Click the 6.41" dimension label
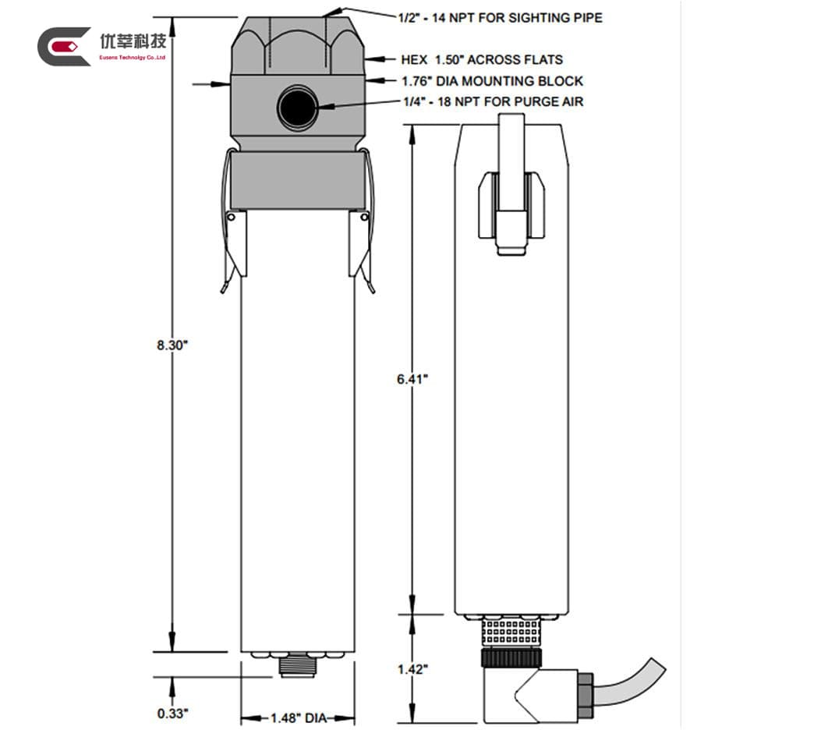412,379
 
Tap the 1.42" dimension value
412,669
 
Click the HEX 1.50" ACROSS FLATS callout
481,59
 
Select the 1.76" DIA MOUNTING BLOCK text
492,80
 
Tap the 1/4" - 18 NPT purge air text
493,101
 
